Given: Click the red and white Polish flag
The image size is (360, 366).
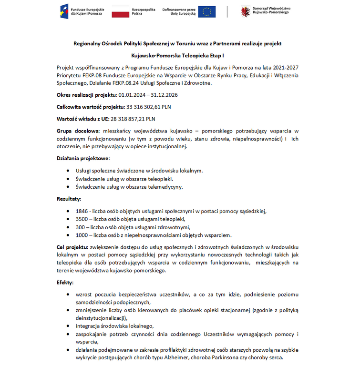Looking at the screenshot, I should pos(120,12).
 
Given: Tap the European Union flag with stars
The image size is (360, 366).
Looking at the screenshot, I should pos(206,12).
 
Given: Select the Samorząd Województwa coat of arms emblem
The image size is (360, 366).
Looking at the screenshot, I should pos(246,11).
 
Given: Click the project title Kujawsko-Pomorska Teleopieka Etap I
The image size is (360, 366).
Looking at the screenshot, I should pos(177,56).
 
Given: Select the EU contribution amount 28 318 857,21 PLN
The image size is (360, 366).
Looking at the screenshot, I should pos(133,119).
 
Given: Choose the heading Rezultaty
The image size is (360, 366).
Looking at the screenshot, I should pos(69,198).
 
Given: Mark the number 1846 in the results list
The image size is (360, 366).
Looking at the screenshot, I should pos(82,211).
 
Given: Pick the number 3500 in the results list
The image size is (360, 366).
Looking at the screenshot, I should pos(82,219).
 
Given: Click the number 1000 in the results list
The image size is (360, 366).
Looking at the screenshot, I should pos(82,235).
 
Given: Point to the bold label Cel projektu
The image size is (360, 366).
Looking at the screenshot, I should pos(72,247).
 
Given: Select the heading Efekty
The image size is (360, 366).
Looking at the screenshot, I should pos(65,283).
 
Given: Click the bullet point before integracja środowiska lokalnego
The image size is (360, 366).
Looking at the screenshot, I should pos(70,326).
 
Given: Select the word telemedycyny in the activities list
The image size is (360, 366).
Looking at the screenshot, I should pos(166,186).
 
